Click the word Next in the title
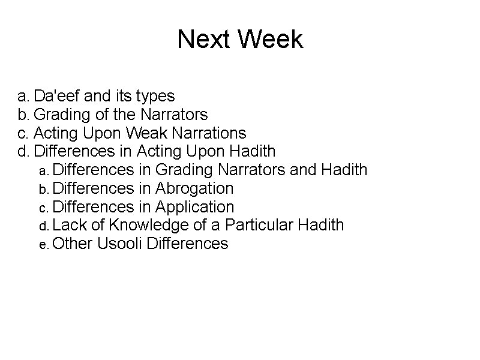click(x=204, y=40)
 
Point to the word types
click(x=155, y=95)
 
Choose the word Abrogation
click(x=194, y=188)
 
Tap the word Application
click(x=195, y=207)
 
